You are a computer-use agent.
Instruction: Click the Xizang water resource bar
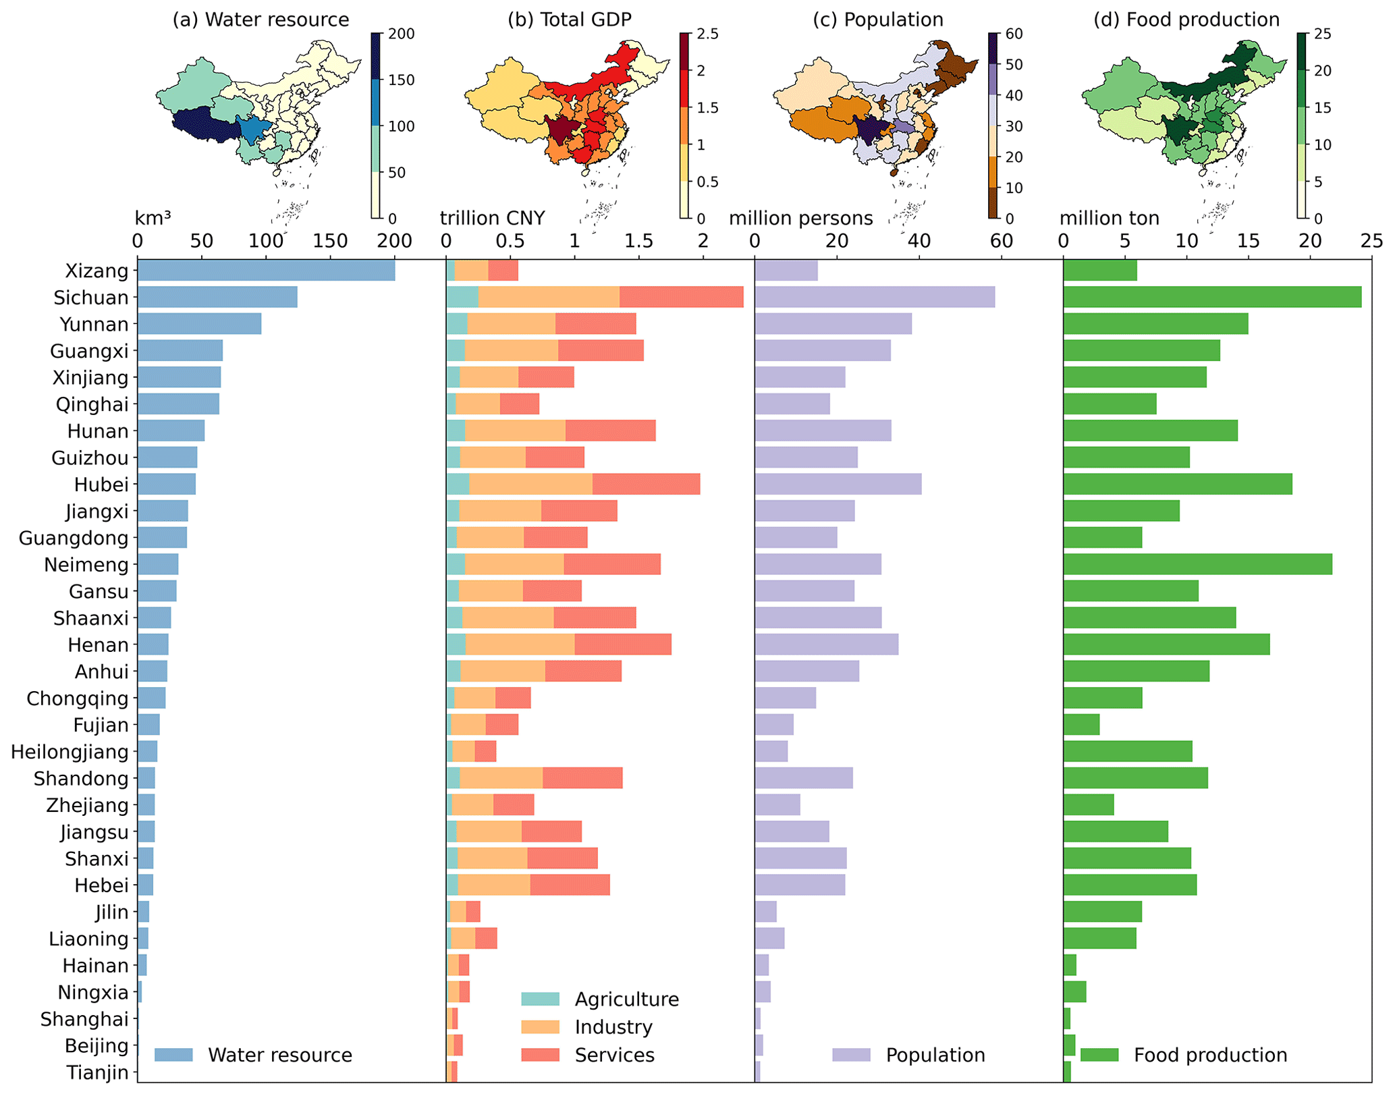[x=266, y=271]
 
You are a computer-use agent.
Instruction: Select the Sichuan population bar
[x=875, y=298]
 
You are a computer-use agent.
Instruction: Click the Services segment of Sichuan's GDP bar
[x=681, y=298]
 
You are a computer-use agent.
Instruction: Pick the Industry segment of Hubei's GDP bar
[x=530, y=485]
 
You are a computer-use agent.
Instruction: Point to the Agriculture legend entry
[x=626, y=999]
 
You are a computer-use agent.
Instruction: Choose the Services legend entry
[x=614, y=1055]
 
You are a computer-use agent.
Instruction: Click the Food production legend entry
[x=1210, y=1055]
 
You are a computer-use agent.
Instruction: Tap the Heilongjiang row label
[x=70, y=752]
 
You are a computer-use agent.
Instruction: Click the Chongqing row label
[x=78, y=698]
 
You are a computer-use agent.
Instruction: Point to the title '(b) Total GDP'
[x=570, y=20]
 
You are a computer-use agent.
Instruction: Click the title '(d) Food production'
[x=1186, y=20]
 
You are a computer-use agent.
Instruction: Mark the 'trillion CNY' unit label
[x=492, y=218]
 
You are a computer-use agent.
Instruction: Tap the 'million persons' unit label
[x=800, y=218]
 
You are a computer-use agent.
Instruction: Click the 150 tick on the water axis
[x=331, y=242]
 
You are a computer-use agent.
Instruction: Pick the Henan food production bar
[x=1166, y=645]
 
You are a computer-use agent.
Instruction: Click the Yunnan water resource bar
[x=199, y=325]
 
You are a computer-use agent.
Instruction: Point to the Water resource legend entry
[x=279, y=1055]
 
